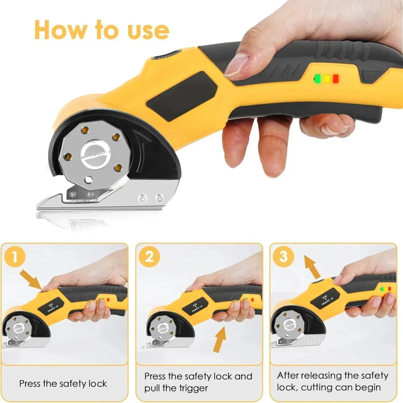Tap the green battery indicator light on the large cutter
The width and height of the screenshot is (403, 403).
coord(318,79)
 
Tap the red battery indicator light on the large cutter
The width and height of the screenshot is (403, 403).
coord(335,79)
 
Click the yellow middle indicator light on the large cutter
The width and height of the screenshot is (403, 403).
coord(327,79)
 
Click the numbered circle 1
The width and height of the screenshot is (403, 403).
coord(15,257)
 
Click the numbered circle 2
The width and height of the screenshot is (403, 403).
coord(149,257)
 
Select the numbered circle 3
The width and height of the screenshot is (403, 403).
coord(283,257)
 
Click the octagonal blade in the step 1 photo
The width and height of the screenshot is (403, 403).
coord(18,330)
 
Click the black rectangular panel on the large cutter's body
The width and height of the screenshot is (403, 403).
coord(181,96)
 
